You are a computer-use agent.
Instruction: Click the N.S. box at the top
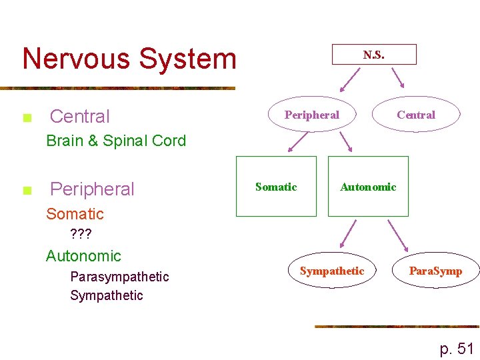pos(374,55)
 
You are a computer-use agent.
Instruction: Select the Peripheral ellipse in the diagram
pos(311,115)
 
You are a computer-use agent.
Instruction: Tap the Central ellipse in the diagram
pos(415,115)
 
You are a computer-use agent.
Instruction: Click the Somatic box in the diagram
pos(276,187)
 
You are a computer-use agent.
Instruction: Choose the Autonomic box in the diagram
pos(368,187)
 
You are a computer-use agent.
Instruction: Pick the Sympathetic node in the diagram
pos(332,271)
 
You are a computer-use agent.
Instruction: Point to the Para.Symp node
pos(435,271)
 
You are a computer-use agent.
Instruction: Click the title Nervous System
pos(129,59)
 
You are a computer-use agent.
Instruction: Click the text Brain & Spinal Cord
pos(116,141)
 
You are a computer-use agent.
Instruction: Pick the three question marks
pos(81,235)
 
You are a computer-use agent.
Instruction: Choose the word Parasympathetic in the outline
pos(119,277)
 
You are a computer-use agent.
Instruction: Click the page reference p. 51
pos(457,348)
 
